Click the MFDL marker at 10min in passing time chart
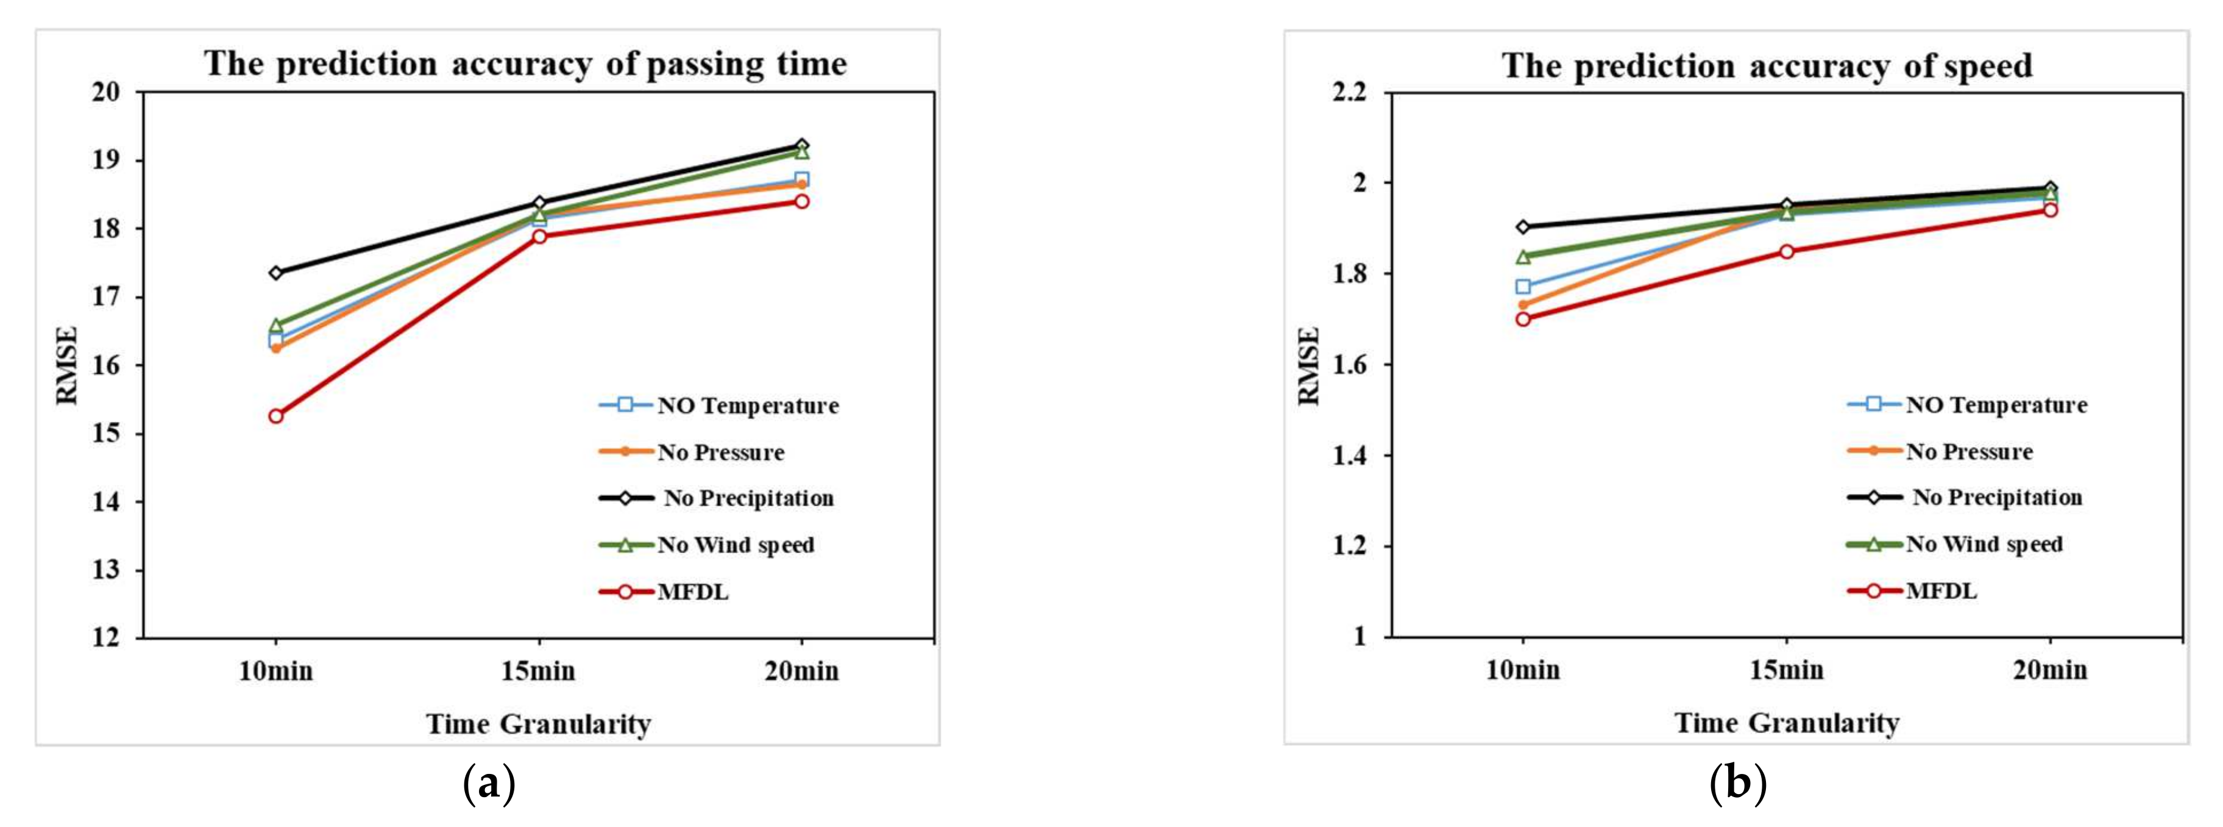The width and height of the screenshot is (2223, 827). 275,416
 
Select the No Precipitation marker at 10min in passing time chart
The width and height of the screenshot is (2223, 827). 275,273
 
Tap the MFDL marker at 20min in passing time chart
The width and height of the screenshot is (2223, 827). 802,201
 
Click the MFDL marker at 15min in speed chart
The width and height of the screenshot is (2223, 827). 1786,251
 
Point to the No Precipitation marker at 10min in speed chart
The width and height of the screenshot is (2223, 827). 1523,227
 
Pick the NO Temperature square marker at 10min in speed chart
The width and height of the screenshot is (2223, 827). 1523,287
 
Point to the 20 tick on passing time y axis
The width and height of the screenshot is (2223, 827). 107,91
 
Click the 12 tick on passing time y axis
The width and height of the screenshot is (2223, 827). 107,638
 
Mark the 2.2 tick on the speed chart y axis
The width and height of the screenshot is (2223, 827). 1350,91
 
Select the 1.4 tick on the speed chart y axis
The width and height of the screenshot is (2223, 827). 1350,456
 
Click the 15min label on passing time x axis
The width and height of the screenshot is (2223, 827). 539,671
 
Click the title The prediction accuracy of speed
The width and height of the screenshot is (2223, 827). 1767,66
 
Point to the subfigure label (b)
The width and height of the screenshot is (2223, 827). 1738,784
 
